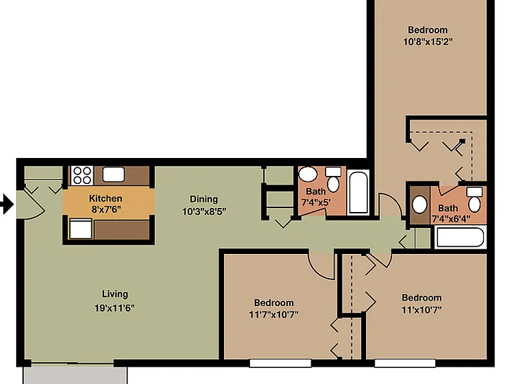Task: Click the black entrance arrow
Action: pos(7,205)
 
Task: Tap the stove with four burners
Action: pos(82,176)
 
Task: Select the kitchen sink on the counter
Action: pos(113,175)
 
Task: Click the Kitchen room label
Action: pos(105,199)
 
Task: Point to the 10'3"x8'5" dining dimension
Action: pos(204,211)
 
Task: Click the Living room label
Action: pos(115,294)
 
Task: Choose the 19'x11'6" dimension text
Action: pos(115,308)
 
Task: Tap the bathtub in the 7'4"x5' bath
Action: pos(358,192)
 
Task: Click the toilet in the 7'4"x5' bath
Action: pos(333,179)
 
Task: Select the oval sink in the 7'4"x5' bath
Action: pos(308,175)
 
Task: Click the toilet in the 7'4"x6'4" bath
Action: pos(475,199)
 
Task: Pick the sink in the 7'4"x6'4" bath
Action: pos(419,205)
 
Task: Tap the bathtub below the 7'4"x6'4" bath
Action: pos(461,237)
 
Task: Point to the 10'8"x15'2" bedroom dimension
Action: pos(428,42)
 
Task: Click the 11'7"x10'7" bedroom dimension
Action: pos(273,315)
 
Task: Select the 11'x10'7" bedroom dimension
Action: pos(421,309)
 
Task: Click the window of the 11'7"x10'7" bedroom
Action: pos(280,363)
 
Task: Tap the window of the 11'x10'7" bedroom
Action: pos(405,363)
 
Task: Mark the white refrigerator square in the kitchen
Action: pos(81,229)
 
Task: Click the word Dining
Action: pos(204,199)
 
